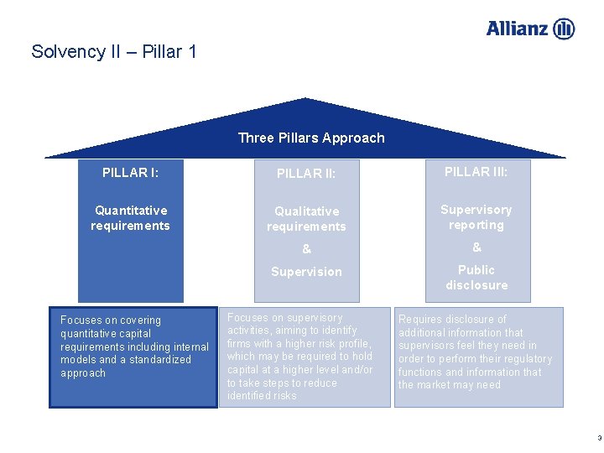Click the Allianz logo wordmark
click(518, 29)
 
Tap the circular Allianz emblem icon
click(565, 29)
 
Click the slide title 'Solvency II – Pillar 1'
click(114, 52)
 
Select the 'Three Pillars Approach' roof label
click(311, 138)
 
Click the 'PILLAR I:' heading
click(130, 173)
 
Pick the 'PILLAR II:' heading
click(306, 174)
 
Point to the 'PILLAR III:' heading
click(476, 172)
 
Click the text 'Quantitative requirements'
click(130, 218)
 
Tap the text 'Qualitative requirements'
click(306, 219)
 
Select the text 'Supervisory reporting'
click(476, 217)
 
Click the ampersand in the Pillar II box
click(306, 249)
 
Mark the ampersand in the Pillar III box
click(476, 247)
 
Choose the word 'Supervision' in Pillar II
click(306, 272)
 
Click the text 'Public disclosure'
click(476, 278)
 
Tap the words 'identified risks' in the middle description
click(262, 396)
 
